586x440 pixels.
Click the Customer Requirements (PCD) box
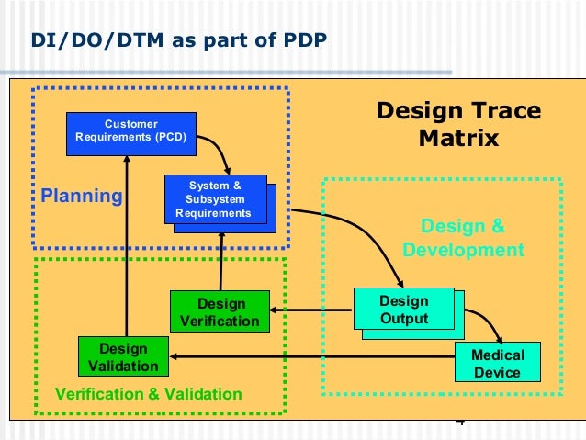pos(131,134)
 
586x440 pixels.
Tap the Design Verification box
pos(220,312)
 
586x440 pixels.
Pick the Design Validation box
pos(124,357)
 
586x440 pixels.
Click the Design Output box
pos(404,310)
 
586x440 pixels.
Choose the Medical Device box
pos(498,363)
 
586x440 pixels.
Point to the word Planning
pos(82,196)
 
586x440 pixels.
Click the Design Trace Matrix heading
pos(458,125)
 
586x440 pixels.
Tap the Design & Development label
pos(463,238)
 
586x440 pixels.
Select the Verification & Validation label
pos(149,395)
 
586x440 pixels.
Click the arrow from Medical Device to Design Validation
pos(312,356)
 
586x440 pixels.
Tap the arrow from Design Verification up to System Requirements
pos(221,262)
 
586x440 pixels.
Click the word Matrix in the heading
pos(458,139)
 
